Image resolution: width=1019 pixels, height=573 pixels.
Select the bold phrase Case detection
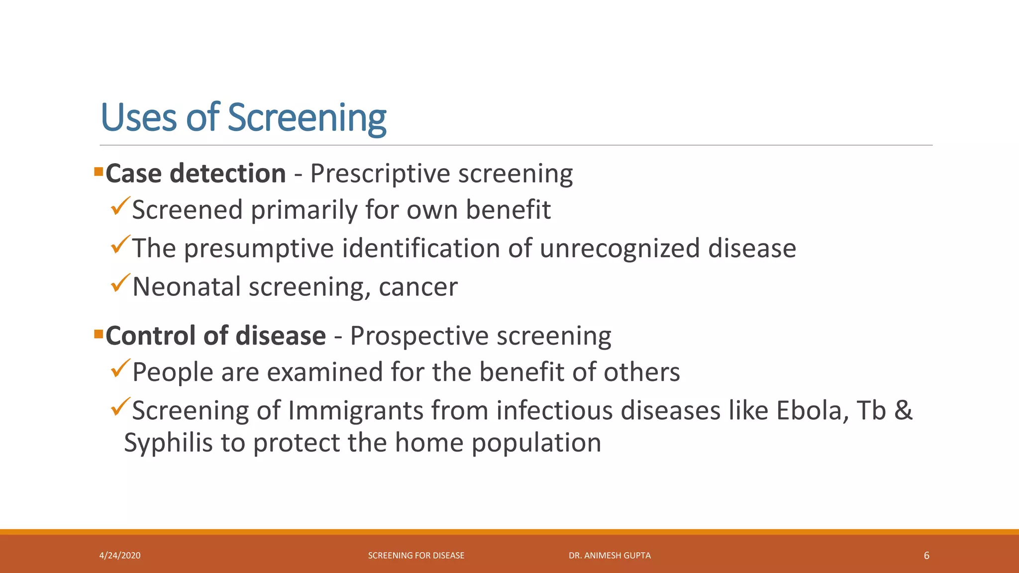(x=196, y=174)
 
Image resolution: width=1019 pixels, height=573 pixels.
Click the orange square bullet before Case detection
(x=99, y=173)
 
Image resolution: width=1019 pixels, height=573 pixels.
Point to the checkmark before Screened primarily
(x=120, y=206)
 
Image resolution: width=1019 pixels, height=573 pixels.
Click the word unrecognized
(x=619, y=248)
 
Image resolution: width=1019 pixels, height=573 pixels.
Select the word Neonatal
(x=187, y=287)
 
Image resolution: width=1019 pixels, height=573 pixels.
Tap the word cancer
(x=418, y=287)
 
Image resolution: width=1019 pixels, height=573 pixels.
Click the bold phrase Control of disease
(x=215, y=336)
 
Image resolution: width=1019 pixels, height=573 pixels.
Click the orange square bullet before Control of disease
(x=99, y=333)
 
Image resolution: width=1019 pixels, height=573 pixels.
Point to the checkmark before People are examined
(x=120, y=369)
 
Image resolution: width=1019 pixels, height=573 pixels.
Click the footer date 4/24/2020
(x=120, y=556)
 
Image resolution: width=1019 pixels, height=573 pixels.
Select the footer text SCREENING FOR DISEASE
(x=416, y=556)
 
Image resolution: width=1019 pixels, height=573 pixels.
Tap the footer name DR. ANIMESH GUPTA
(x=610, y=556)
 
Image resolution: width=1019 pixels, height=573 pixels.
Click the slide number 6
(x=926, y=556)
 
